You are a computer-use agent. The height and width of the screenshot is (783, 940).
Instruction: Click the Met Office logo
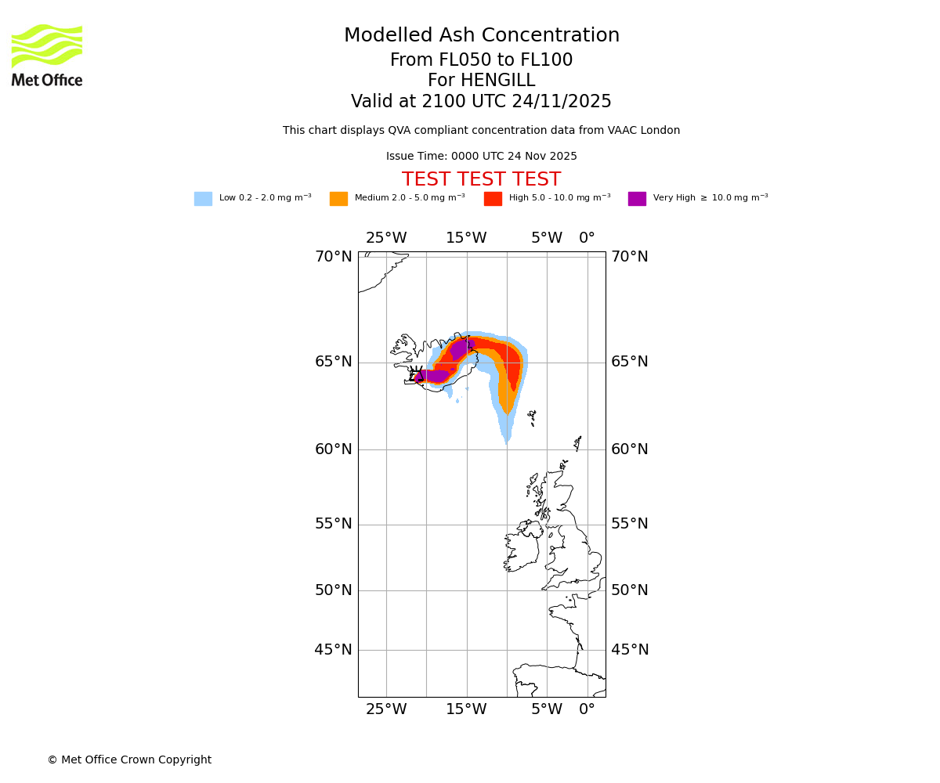pyautogui.click(x=47, y=55)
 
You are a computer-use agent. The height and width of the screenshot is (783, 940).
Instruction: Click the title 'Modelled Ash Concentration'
pyautogui.click(x=481, y=36)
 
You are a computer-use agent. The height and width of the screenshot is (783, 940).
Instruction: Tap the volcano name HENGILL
pyautogui.click(x=481, y=81)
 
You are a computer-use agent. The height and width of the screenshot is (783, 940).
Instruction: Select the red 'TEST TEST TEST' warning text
pyautogui.click(x=481, y=179)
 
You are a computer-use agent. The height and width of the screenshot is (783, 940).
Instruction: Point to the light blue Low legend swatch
pyautogui.click(x=203, y=199)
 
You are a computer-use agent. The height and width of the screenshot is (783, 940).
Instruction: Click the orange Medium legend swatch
pyautogui.click(x=338, y=199)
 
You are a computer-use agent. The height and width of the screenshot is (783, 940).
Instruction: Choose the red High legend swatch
pyautogui.click(x=493, y=199)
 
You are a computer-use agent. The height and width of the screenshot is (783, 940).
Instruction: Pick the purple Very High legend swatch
pyautogui.click(x=637, y=199)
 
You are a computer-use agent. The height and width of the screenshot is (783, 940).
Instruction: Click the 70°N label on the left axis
pyautogui.click(x=334, y=257)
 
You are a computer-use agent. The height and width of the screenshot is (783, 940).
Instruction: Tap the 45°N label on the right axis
pyautogui.click(x=630, y=650)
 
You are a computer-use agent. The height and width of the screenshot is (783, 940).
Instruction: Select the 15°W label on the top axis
pyautogui.click(x=466, y=238)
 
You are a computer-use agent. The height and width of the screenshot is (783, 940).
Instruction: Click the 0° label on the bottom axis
pyautogui.click(x=587, y=709)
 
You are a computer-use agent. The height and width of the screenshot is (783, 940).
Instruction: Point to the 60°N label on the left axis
pyautogui.click(x=334, y=449)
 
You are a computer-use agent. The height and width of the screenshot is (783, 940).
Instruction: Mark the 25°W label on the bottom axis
pyautogui.click(x=386, y=709)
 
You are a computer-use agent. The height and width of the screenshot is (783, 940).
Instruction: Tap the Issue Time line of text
pyautogui.click(x=481, y=157)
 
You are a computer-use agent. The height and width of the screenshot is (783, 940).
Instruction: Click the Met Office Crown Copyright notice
pyautogui.click(x=129, y=760)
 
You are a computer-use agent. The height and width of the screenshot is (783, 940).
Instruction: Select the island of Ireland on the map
pyautogui.click(x=522, y=548)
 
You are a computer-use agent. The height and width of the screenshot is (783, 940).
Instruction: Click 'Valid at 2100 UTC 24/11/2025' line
pyautogui.click(x=481, y=102)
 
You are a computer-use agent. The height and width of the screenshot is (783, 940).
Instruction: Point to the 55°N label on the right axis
pyautogui.click(x=630, y=524)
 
